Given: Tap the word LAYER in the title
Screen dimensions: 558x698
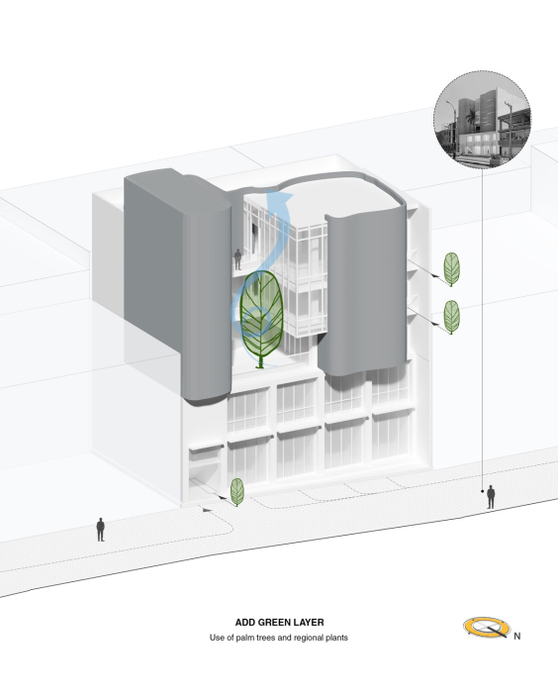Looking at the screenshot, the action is click(x=308, y=623).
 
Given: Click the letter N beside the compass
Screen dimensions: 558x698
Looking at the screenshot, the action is click(x=517, y=637).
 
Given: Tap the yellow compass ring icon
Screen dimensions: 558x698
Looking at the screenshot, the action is click(x=487, y=628).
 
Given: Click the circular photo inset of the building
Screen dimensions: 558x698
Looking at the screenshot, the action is click(x=483, y=119).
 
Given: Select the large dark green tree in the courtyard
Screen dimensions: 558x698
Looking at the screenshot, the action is click(x=261, y=318).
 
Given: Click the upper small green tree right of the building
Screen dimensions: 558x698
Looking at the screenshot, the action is click(x=452, y=269).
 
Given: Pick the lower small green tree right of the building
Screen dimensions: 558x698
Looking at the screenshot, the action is click(x=452, y=317).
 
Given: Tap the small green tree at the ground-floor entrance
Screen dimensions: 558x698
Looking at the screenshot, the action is click(x=237, y=492).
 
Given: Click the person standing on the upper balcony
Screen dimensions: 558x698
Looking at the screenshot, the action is click(x=238, y=259).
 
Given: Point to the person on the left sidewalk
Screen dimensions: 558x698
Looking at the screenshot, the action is click(x=101, y=530).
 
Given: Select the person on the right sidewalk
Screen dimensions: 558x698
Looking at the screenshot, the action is click(x=491, y=497).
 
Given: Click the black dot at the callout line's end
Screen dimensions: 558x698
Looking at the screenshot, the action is click(x=483, y=491).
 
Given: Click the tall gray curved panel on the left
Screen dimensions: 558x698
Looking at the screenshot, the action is click(x=178, y=285).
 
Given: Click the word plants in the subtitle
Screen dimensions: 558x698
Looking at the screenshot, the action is click(x=336, y=638).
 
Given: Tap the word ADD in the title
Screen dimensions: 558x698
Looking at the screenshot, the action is click(x=245, y=623).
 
